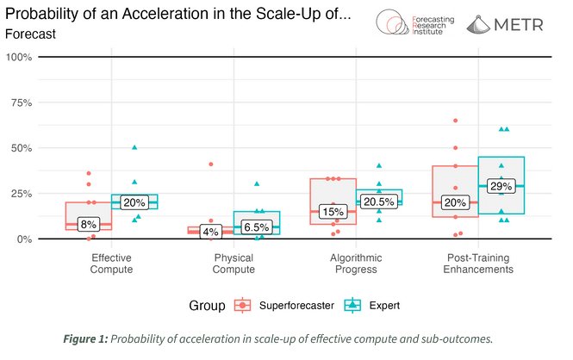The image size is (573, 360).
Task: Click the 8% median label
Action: point(89,224)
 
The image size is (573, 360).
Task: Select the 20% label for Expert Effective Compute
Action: point(134,202)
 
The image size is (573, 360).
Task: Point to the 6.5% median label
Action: point(256,227)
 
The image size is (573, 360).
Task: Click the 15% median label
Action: point(332,212)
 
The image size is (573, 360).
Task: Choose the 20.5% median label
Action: point(378,202)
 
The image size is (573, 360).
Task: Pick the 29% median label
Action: point(501,186)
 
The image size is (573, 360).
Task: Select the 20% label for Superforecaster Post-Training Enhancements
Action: point(454,202)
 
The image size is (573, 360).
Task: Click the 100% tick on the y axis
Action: point(19,57)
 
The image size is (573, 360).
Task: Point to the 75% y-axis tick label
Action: point(21,102)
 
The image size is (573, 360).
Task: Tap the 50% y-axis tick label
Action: point(21,148)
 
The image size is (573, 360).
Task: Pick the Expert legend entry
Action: point(372,305)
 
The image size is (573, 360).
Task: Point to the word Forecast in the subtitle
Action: point(30,34)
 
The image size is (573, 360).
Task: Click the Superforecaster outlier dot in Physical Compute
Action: point(209,164)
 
